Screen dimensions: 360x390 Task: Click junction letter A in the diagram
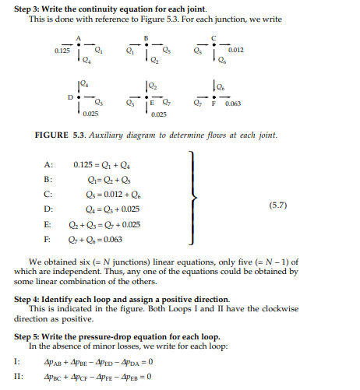point(79,37)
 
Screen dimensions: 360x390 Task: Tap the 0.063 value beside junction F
point(233,102)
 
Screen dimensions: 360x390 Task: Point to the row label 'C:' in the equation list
point(48,194)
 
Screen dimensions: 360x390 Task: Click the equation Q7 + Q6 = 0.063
point(93,238)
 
